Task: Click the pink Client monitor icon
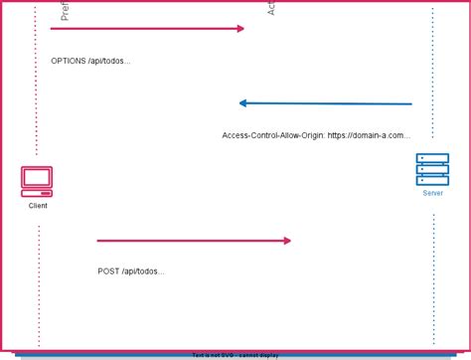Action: point(37,181)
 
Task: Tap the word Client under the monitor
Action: point(38,206)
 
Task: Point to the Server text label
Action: point(433,193)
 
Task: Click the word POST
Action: point(108,271)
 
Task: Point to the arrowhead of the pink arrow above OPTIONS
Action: point(239,29)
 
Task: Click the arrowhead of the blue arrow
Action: point(243,103)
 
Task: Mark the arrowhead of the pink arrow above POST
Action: point(287,241)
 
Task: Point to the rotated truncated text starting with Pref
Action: point(65,11)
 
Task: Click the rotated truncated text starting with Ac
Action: point(271,8)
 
